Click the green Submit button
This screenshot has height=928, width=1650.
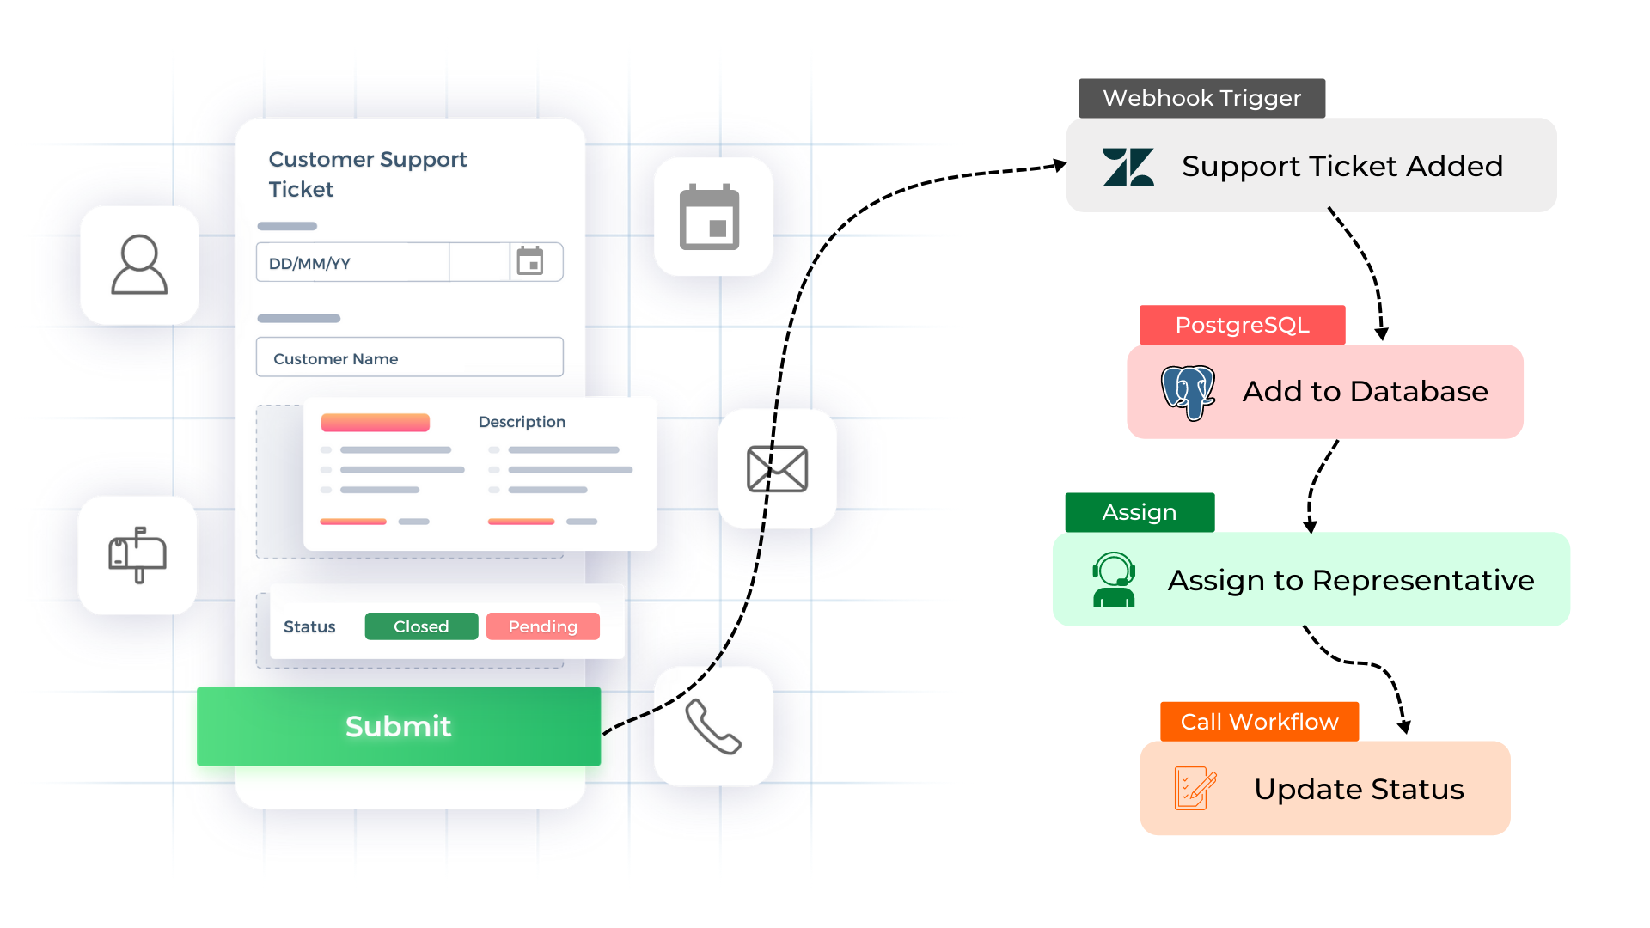tap(399, 726)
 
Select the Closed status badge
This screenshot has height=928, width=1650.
tap(421, 626)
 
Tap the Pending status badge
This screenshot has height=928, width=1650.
tap(543, 626)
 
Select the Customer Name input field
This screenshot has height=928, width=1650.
tap(410, 357)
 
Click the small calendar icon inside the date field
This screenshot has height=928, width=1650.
tap(530, 261)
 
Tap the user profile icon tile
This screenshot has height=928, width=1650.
tap(139, 266)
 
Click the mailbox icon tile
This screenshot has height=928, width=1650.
tap(137, 555)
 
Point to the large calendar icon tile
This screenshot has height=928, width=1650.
tap(712, 217)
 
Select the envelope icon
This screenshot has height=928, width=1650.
tap(778, 469)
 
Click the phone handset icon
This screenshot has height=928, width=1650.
tap(712, 726)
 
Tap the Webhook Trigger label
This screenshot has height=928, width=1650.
tap(1202, 98)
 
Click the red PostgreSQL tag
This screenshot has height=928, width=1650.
tap(1243, 325)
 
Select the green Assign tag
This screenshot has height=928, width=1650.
tap(1140, 512)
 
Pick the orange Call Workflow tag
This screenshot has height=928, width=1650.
tap(1260, 722)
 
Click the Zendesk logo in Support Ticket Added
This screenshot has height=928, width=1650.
tap(1128, 167)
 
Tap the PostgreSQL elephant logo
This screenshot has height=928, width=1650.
tap(1189, 393)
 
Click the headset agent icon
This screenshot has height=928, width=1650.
tap(1114, 580)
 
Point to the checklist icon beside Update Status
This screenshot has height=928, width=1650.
tap(1195, 789)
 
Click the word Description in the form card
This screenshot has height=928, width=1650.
tap(522, 422)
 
